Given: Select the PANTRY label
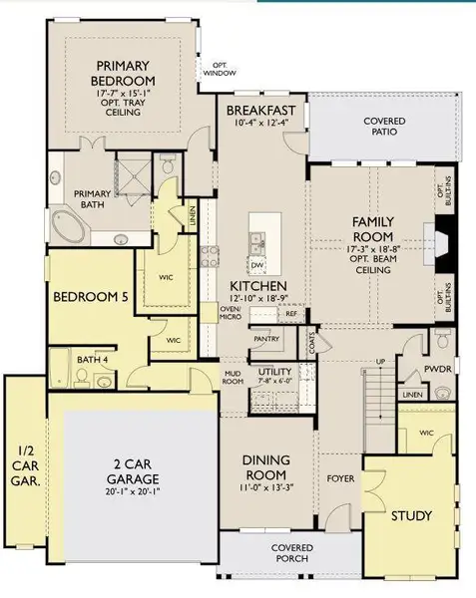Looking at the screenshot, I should pyautogui.click(x=266, y=339).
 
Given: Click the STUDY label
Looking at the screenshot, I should pyautogui.click(x=410, y=515).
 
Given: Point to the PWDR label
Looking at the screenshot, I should pyautogui.click(x=441, y=368).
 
